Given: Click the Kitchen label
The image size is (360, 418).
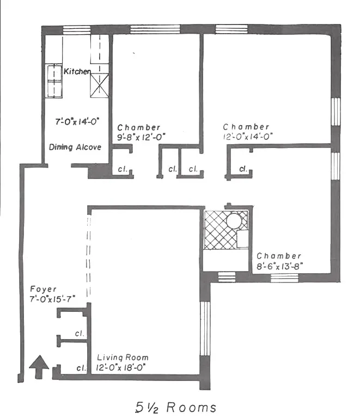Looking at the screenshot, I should (x=77, y=71).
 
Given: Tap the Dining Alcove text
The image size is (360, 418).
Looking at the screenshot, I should (x=75, y=147).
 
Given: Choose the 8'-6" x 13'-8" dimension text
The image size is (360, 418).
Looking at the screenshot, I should (x=279, y=267).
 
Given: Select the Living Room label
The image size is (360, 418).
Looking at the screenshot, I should (x=123, y=358).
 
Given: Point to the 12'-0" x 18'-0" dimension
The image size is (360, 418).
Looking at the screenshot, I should (x=122, y=368).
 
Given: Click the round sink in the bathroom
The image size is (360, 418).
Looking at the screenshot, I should (x=234, y=221).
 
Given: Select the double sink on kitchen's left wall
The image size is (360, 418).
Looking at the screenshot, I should (x=53, y=80).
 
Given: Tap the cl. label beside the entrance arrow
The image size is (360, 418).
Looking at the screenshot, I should (x=81, y=368).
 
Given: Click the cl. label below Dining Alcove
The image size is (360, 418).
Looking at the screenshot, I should (x=123, y=169).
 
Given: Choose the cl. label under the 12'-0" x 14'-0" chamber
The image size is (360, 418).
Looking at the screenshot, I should (x=243, y=169).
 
